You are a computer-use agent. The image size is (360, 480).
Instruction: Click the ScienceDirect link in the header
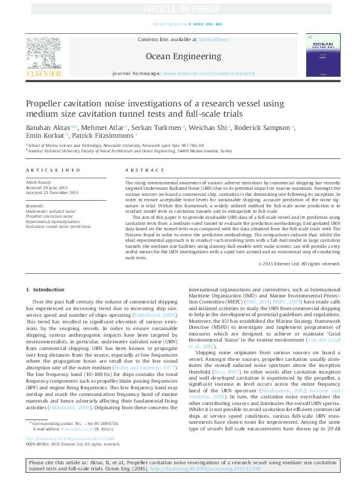215,39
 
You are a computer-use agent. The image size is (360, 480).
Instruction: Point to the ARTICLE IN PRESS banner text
180,9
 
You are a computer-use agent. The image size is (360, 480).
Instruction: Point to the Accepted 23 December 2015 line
52,192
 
